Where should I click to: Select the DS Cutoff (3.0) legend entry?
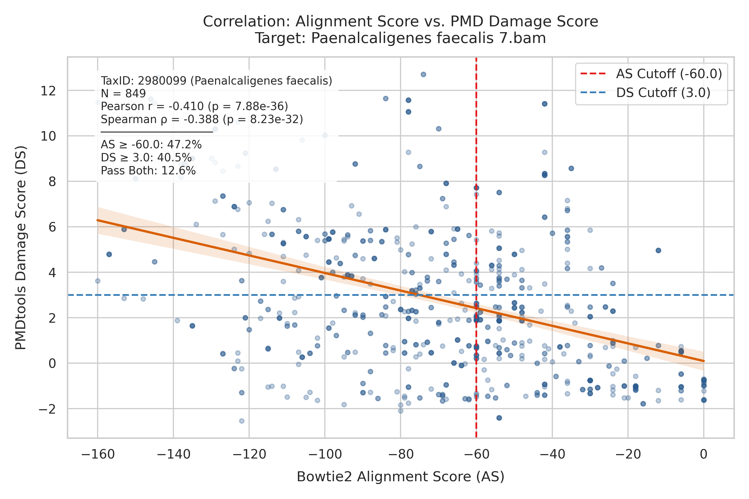(x=645, y=93)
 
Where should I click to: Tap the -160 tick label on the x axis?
(x=98, y=454)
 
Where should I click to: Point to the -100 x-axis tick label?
(x=325, y=454)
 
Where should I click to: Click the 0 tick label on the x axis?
(x=704, y=454)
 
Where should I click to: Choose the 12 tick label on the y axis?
(x=48, y=91)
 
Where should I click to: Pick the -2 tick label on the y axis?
(x=47, y=409)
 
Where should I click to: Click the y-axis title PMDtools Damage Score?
(x=21, y=248)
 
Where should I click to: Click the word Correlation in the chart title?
(x=247, y=22)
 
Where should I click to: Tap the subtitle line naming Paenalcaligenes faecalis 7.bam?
(x=400, y=38)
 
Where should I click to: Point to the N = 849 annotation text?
(x=123, y=93)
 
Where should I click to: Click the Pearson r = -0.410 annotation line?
(x=194, y=106)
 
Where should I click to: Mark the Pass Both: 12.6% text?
(x=148, y=171)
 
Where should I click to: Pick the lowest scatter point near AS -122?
(x=242, y=421)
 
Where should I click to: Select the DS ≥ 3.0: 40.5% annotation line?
(x=146, y=158)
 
